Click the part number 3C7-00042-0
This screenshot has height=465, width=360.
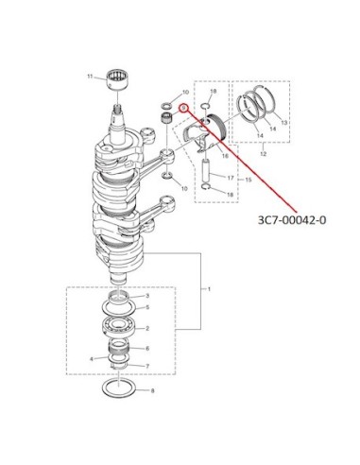click(292, 220)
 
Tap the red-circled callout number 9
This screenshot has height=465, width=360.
click(183, 108)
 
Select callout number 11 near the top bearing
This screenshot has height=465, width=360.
click(90, 77)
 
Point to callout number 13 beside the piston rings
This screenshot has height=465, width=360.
click(284, 123)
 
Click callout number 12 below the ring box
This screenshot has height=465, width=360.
click(264, 154)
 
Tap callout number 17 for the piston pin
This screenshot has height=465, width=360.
click(231, 178)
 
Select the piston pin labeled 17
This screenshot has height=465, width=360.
click(206, 171)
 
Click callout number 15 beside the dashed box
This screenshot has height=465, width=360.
click(249, 180)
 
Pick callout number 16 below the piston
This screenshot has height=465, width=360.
click(225, 156)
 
